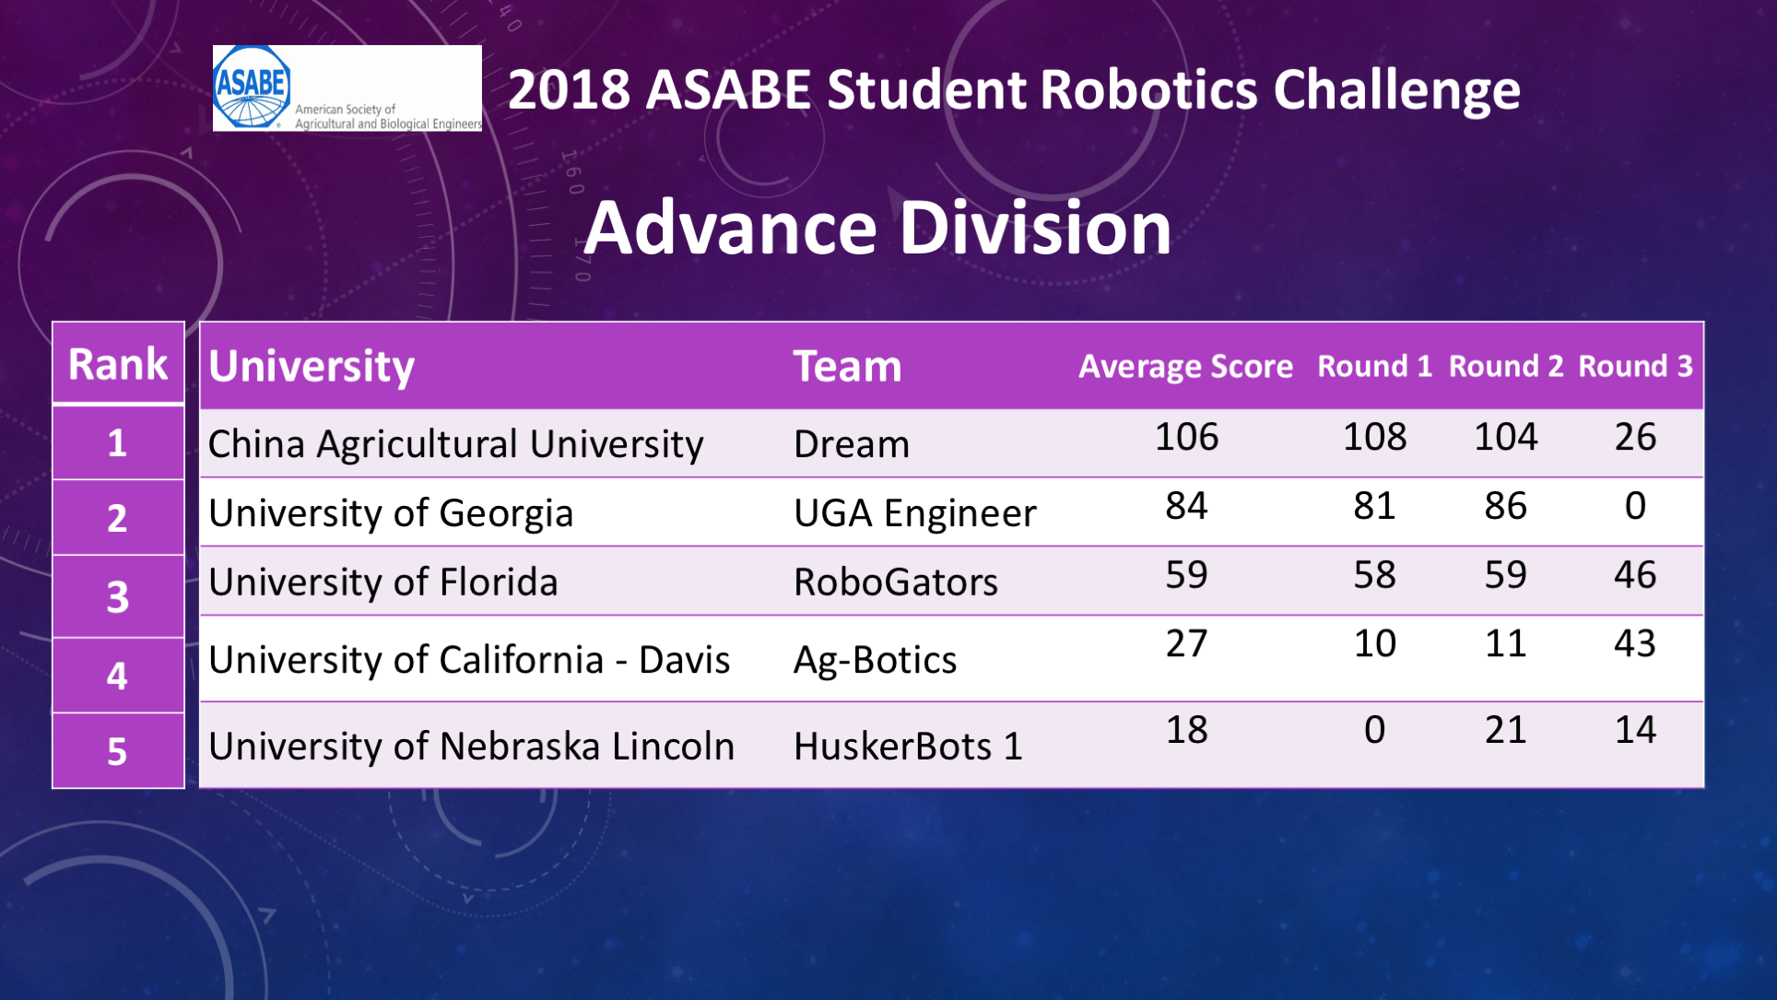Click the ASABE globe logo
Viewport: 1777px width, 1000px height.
pyautogui.click(x=252, y=88)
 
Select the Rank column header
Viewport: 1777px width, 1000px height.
pyautogui.click(x=118, y=364)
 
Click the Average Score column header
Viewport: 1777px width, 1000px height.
pyautogui.click(x=1185, y=367)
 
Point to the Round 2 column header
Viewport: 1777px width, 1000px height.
pyautogui.click(x=1506, y=366)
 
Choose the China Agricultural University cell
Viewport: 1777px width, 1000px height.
pyautogui.click(x=455, y=444)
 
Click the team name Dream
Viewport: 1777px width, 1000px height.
pyautogui.click(x=851, y=444)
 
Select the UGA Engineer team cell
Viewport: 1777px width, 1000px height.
pyautogui.click(x=914, y=513)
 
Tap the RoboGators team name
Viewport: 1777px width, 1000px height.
pyautogui.click(x=895, y=582)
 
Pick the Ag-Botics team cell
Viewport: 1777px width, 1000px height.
pyautogui.click(x=875, y=660)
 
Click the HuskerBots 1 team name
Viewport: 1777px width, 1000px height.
pyautogui.click(x=908, y=747)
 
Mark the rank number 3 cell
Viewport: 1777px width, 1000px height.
pyautogui.click(x=117, y=596)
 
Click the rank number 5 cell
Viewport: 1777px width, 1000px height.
pyautogui.click(x=117, y=751)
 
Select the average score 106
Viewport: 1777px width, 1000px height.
pyautogui.click(x=1186, y=437)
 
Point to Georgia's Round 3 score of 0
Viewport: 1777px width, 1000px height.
pyautogui.click(x=1635, y=506)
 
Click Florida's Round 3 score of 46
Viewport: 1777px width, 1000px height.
pyautogui.click(x=1635, y=575)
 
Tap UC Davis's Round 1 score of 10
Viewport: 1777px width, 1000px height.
pyautogui.click(x=1374, y=643)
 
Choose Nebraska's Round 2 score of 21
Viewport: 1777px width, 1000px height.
pyautogui.click(x=1506, y=730)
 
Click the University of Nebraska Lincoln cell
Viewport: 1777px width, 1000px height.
pyautogui.click(x=471, y=747)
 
